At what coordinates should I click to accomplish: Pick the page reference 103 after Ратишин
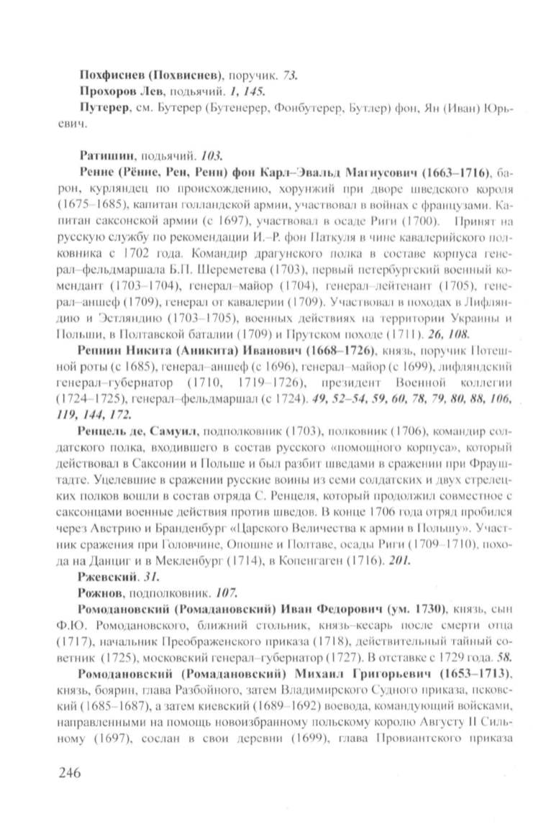click(x=214, y=155)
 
